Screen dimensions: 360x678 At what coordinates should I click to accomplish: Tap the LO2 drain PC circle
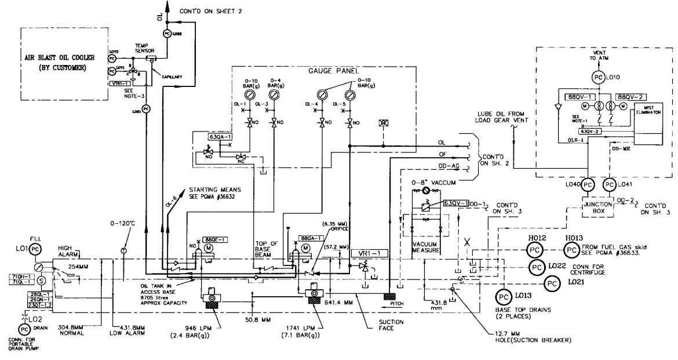pos(23,329)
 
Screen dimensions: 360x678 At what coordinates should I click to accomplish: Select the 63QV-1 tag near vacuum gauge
pos(455,203)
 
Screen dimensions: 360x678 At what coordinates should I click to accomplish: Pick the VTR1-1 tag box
pos(122,83)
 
